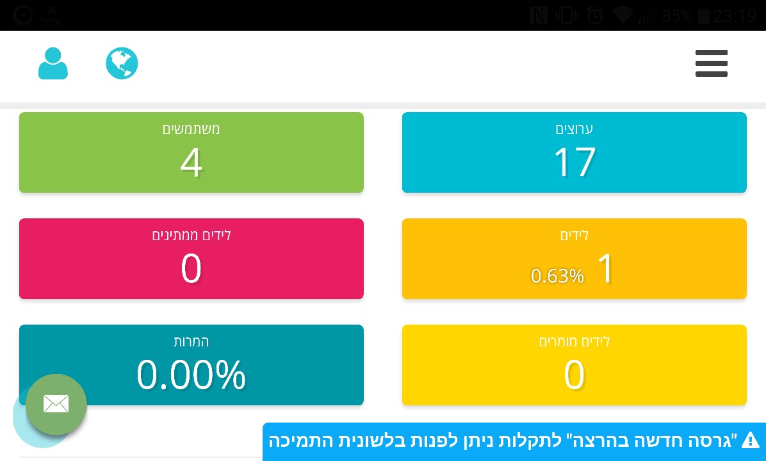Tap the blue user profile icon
pyautogui.click(x=53, y=63)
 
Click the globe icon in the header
pyautogui.click(x=122, y=63)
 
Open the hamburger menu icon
pyautogui.click(x=712, y=63)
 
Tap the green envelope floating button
pyautogui.click(x=56, y=405)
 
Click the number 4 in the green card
pyautogui.click(x=191, y=162)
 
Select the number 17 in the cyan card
pyautogui.click(x=574, y=162)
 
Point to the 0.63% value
pyautogui.click(x=557, y=276)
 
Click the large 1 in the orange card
pyautogui.click(x=605, y=268)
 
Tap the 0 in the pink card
pyautogui.click(x=191, y=268)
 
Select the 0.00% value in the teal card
pyautogui.click(x=191, y=375)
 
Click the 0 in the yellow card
pyautogui.click(x=574, y=375)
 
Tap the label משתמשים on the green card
pyautogui.click(x=191, y=129)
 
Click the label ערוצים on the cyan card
pyautogui.click(x=574, y=129)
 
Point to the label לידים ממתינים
pyautogui.click(x=191, y=236)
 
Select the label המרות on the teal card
pyautogui.click(x=191, y=341)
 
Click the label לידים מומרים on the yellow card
pyautogui.click(x=574, y=341)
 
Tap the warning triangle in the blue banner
pyautogui.click(x=751, y=440)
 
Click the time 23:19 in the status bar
pyautogui.click(x=735, y=16)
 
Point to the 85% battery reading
pyautogui.click(x=677, y=16)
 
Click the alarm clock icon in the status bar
pyautogui.click(x=595, y=15)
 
